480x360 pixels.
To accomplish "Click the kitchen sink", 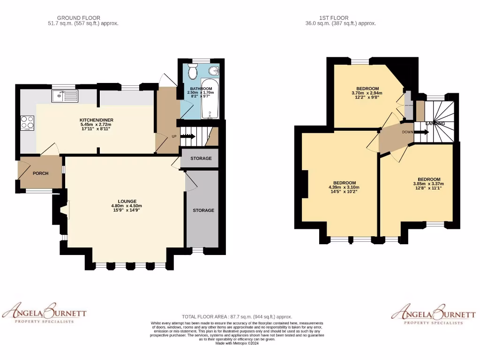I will (66, 97).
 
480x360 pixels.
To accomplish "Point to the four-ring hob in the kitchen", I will (27, 122).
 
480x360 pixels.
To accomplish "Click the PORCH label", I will (40, 173).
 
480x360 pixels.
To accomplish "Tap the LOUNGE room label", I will (127, 201).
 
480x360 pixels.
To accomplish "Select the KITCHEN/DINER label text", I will (96, 120).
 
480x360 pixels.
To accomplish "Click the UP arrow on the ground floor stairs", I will (189, 136).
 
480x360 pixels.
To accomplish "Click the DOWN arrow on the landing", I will (421, 132).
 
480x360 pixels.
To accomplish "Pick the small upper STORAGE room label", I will (201, 158).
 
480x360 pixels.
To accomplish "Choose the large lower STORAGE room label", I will (203, 210).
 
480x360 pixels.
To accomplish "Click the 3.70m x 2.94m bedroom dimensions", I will (367, 93).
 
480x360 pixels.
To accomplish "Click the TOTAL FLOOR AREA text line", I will (237, 317).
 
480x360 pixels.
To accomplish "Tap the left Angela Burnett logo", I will (45, 313).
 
